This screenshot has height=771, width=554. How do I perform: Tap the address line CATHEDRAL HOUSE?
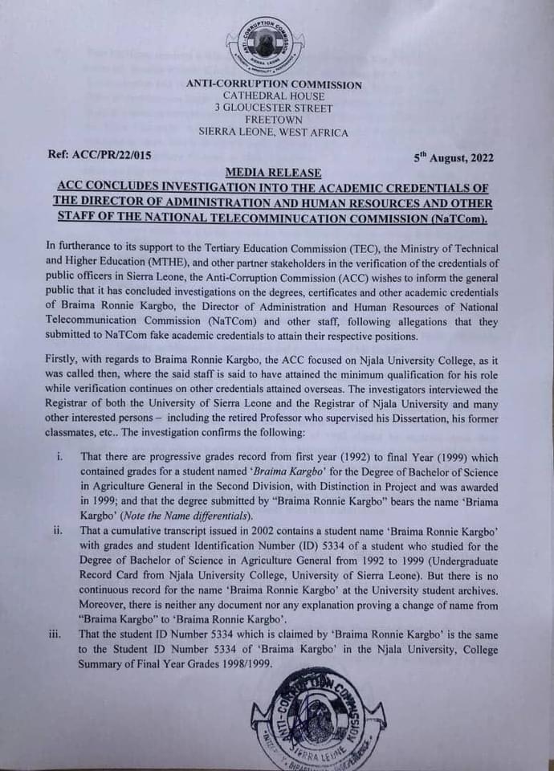point(273,96)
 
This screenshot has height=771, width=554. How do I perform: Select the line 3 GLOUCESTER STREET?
point(273,108)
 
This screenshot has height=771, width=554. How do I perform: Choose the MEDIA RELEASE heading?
point(274,173)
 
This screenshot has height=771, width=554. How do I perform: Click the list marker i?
point(59,457)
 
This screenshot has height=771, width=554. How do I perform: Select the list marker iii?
point(56,634)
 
